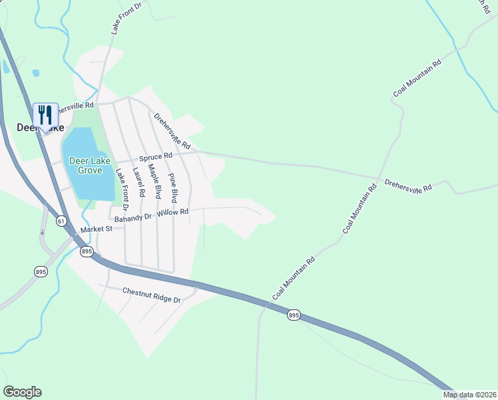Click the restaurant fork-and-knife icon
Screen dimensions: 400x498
(x=45, y=115)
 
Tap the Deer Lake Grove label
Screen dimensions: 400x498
(x=87, y=165)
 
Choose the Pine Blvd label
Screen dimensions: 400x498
(x=173, y=187)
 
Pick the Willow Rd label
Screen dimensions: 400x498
(x=174, y=212)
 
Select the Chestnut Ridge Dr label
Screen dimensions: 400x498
(x=152, y=295)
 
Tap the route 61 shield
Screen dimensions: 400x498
(x=61, y=221)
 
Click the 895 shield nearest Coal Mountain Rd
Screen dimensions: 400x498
(x=294, y=315)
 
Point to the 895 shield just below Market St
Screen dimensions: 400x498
(x=87, y=251)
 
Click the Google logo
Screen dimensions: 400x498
(x=22, y=392)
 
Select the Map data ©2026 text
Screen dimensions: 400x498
(x=469, y=395)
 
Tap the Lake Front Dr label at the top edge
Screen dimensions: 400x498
(x=127, y=17)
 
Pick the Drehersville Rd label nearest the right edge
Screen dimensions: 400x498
(x=409, y=186)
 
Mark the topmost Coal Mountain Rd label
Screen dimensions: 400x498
(x=417, y=79)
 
